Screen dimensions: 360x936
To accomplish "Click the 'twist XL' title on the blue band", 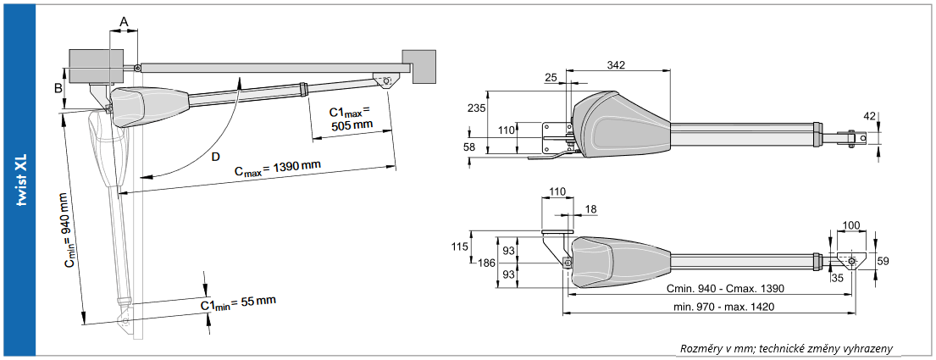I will [25, 180].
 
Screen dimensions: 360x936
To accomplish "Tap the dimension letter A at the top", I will [124, 20].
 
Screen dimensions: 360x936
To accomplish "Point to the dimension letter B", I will [58, 87].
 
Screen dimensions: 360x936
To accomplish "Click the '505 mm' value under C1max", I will [352, 125].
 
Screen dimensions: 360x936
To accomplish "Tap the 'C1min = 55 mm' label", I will [238, 302].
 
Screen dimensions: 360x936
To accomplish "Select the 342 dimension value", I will [618, 65].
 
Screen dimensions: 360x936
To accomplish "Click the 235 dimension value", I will [477, 108].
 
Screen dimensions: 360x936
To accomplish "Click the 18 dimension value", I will [590, 208].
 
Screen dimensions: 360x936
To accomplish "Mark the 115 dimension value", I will [460, 246].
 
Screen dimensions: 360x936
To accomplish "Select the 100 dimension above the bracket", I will [852, 226].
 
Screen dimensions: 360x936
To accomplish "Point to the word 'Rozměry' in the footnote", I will [704, 349].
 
